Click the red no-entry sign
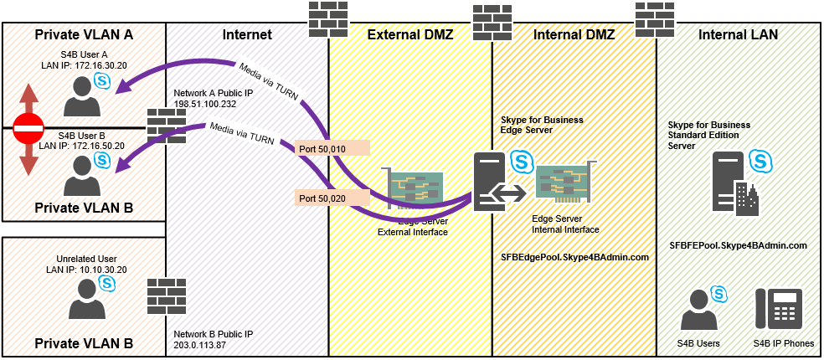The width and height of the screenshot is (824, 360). coord(28,128)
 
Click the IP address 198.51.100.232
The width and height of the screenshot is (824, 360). coord(204,104)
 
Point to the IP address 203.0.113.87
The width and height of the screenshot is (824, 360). coord(201,345)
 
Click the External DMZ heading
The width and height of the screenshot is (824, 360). coord(410,35)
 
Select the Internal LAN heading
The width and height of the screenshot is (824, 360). coord(739,35)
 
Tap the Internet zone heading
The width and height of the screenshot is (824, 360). coord(247,35)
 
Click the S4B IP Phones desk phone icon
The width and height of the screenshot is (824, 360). coord(779,309)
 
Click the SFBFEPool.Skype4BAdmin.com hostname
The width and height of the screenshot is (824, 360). coord(738,245)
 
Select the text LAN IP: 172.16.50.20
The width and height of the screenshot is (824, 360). coord(82,146)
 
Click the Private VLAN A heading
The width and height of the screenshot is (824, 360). coord(84,35)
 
